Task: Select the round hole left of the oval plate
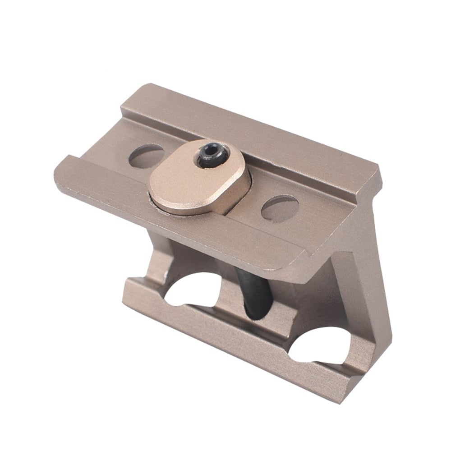tap(146, 156)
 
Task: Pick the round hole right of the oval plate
tap(280, 208)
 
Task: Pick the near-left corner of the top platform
tap(56, 174)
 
